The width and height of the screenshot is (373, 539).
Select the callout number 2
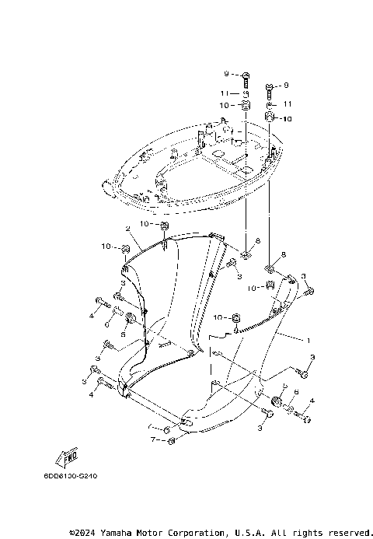(x=127, y=229)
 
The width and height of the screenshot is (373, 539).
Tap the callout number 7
(x=153, y=440)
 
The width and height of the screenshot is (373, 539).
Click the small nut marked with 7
(x=172, y=441)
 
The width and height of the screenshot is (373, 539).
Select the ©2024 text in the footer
(x=82, y=533)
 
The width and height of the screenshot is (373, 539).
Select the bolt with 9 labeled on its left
(x=245, y=75)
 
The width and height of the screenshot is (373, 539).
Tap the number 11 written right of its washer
(x=287, y=103)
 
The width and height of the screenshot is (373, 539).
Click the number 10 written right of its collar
(x=287, y=118)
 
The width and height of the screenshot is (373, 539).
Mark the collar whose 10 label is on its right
(x=271, y=118)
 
